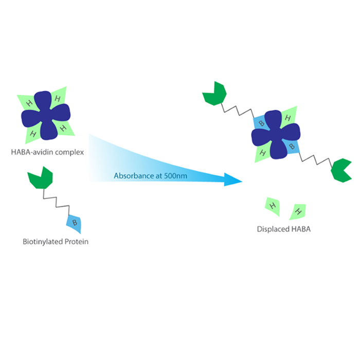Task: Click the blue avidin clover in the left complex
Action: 46,115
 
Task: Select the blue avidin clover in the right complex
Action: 276,135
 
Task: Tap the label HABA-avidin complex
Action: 47,152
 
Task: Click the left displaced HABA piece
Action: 272,205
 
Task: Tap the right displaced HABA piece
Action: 298,211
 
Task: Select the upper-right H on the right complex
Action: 289,118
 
